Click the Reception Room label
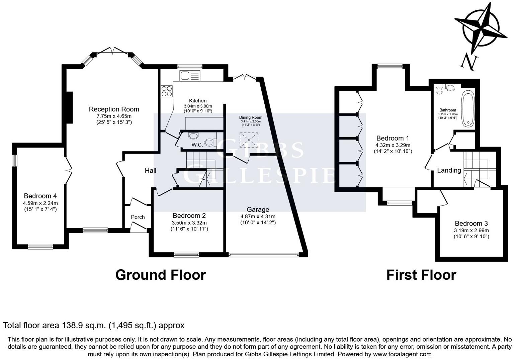pos(114,109)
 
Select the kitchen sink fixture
pos(190,76)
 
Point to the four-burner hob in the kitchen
pos(167,91)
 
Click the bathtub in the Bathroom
pos(468,108)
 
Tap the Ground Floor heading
pos(161,275)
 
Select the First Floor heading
pos(421,275)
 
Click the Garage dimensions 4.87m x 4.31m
pos(258,216)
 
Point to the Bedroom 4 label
pos(40,196)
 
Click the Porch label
pos(138,217)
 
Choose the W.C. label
pos(197,145)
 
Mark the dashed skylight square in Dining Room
pos(249,140)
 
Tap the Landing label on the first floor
pos(449,170)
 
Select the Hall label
pos(151,171)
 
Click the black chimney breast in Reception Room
pos(69,107)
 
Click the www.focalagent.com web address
pos(402,354)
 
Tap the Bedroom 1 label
pos(393,139)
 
